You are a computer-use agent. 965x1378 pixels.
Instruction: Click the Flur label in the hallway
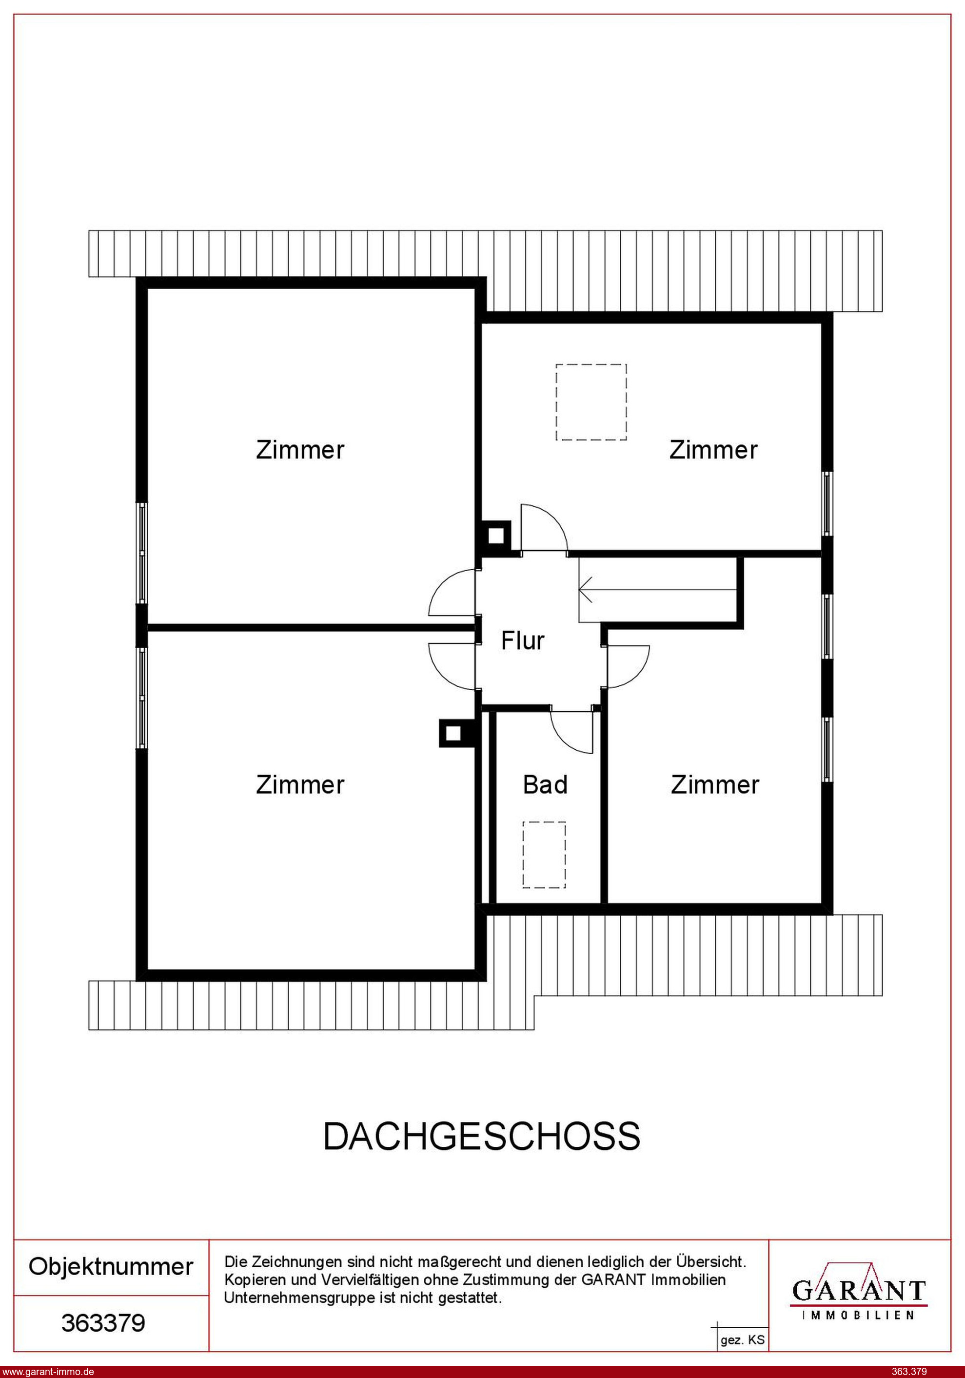(x=523, y=641)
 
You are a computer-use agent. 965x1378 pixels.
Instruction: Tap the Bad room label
(x=545, y=784)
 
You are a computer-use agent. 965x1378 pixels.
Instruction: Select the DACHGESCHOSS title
(x=482, y=1136)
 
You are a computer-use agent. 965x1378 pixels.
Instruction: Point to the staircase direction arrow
(x=657, y=589)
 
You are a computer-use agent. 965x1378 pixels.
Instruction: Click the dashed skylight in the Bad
(x=544, y=854)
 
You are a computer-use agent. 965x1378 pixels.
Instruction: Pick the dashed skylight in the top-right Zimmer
(x=591, y=402)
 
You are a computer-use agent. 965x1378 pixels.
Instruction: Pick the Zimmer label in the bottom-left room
(x=300, y=784)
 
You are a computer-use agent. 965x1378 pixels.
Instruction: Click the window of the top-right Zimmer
(x=827, y=503)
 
